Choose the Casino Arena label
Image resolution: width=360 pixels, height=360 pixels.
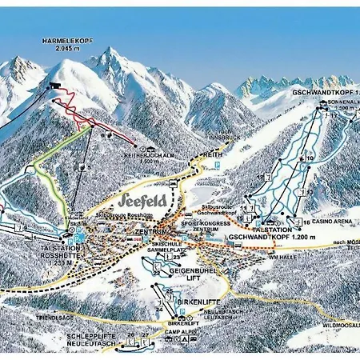(326, 222)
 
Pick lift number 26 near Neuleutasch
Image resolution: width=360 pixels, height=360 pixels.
(130, 334)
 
